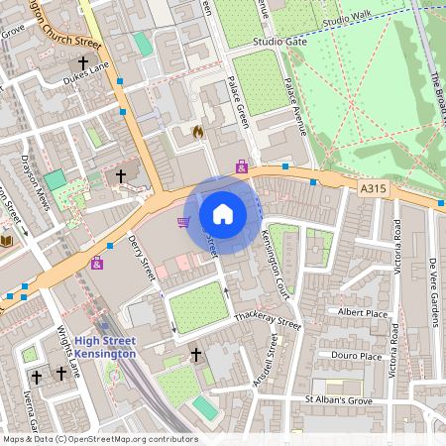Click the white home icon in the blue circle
click(x=222, y=213)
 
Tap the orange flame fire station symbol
click(x=197, y=131)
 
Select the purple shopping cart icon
click(x=183, y=222)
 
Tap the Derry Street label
click(x=144, y=256)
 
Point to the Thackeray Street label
click(x=266, y=321)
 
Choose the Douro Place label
click(x=358, y=356)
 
